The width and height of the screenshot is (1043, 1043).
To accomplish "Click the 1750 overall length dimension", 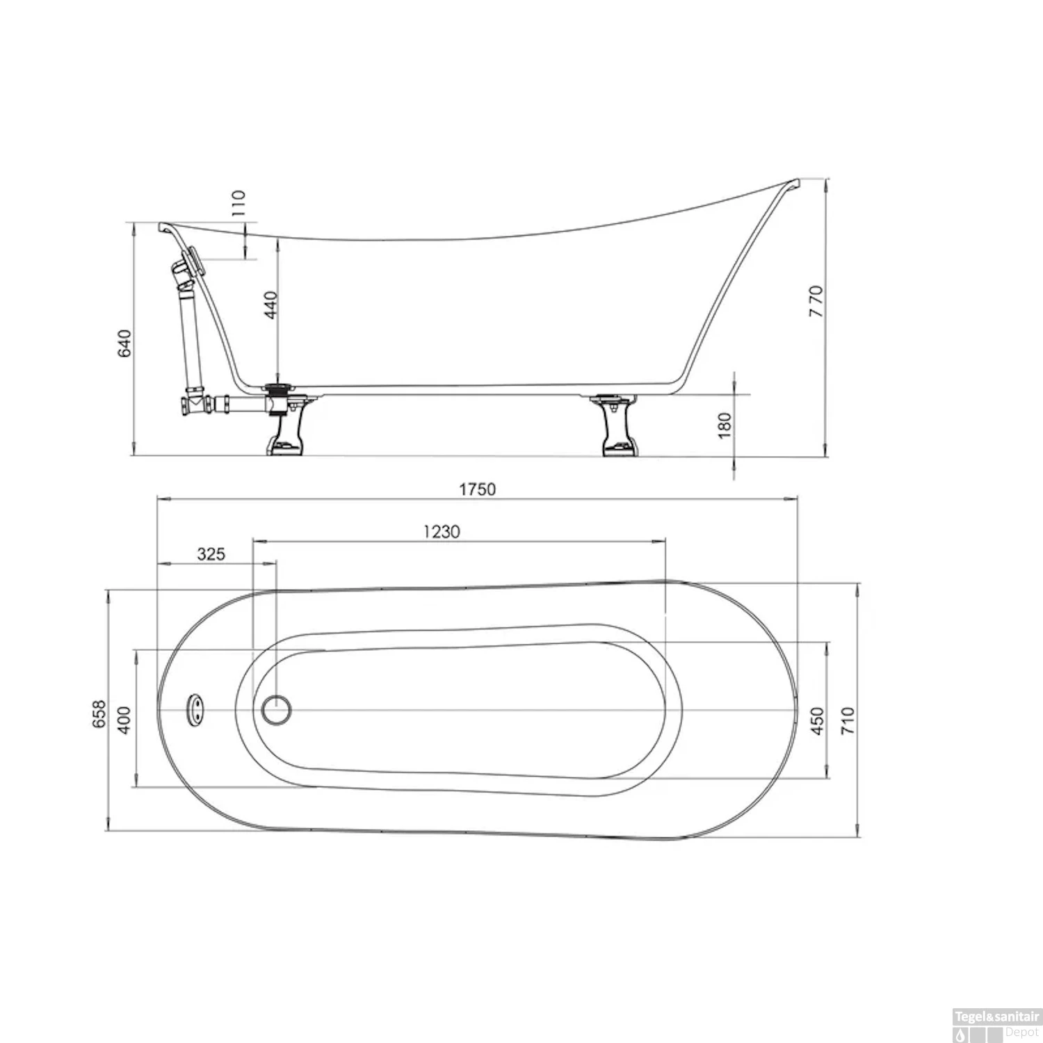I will click(477, 490).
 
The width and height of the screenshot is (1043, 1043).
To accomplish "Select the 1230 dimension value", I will click(442, 532).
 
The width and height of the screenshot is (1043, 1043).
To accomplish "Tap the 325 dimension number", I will click(211, 554).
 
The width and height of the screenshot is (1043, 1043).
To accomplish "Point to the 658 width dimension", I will click(100, 714).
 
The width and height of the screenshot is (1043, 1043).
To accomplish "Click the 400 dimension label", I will click(124, 720).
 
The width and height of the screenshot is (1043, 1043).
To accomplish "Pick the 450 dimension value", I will click(817, 720).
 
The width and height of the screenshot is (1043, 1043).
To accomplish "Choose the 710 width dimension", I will click(847, 720).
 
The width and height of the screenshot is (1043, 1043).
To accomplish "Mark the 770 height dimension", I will click(816, 301).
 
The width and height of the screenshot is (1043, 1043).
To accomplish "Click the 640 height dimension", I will click(124, 343).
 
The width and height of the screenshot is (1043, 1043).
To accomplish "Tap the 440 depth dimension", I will click(270, 305).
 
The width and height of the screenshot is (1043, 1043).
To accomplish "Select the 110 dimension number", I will click(238, 203).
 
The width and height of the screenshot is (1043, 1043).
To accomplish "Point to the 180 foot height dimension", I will click(725, 426).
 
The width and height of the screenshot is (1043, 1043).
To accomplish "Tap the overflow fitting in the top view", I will click(195, 710).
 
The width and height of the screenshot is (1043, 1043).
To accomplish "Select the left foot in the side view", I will click(285, 435).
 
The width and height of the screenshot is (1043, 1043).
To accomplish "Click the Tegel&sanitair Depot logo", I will click(996, 1026).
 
